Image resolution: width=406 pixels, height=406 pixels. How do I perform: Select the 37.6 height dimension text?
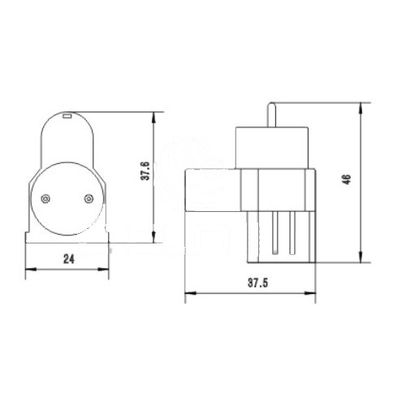tap(145, 172)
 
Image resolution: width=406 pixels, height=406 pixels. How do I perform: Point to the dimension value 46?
tap(347, 180)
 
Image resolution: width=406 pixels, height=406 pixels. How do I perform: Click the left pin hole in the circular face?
tap(45, 197)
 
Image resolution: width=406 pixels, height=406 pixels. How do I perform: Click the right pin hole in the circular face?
tap(89, 197)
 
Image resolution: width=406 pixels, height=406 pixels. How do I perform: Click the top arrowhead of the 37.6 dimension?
tap(153, 115)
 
